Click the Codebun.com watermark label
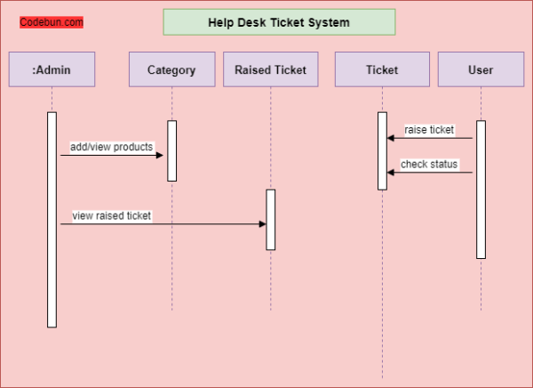(52, 22)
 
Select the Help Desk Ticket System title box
(279, 22)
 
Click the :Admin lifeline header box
(52, 69)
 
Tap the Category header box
(171, 69)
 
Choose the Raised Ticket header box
(270, 69)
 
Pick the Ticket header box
(382, 69)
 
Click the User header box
(480, 69)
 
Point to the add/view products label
(112, 146)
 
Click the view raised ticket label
(112, 215)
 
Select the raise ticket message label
(429, 130)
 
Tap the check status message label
(429, 164)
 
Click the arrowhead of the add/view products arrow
(161, 156)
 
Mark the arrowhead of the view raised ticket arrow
(262, 224)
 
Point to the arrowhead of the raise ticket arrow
(391, 138)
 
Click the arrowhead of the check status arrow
(391, 173)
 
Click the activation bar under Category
(172, 150)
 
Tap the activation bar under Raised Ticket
(271, 219)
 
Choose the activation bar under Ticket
(382, 150)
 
